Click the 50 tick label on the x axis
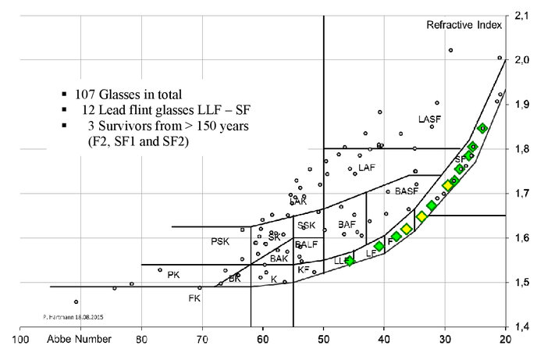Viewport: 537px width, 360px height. click(x=323, y=340)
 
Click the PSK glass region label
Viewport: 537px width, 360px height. click(x=220, y=242)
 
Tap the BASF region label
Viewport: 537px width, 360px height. click(x=407, y=191)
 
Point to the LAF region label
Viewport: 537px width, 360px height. click(x=367, y=168)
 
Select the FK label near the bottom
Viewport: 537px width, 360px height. click(x=194, y=298)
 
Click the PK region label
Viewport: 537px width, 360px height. click(x=173, y=275)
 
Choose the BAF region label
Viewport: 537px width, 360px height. click(x=347, y=225)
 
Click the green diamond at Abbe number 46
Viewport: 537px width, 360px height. click(x=350, y=261)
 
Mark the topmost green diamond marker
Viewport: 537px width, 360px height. click(x=482, y=128)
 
